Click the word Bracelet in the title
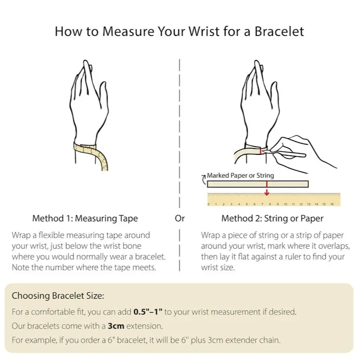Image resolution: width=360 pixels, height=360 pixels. (x=279, y=31)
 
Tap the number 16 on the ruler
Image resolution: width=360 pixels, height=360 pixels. (x=332, y=204)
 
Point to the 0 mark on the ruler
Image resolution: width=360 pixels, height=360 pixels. (x=209, y=204)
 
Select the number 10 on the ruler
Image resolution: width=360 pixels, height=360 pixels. (x=285, y=204)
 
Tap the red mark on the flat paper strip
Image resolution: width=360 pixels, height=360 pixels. (x=267, y=184)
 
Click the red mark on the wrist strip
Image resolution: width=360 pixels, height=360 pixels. (x=261, y=151)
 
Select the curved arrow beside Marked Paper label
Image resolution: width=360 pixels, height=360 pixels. (x=204, y=180)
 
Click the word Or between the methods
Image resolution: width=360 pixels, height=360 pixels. (x=180, y=218)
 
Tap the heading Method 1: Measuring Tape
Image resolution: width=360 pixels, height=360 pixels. (x=85, y=218)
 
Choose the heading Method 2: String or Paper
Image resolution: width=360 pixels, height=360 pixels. (x=272, y=218)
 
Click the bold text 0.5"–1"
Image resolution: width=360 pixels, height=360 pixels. (x=148, y=312)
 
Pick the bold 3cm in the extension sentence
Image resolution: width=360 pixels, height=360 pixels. (x=116, y=326)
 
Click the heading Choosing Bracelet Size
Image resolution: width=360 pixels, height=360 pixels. (x=58, y=296)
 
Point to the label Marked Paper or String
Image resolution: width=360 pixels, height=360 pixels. (x=240, y=175)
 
